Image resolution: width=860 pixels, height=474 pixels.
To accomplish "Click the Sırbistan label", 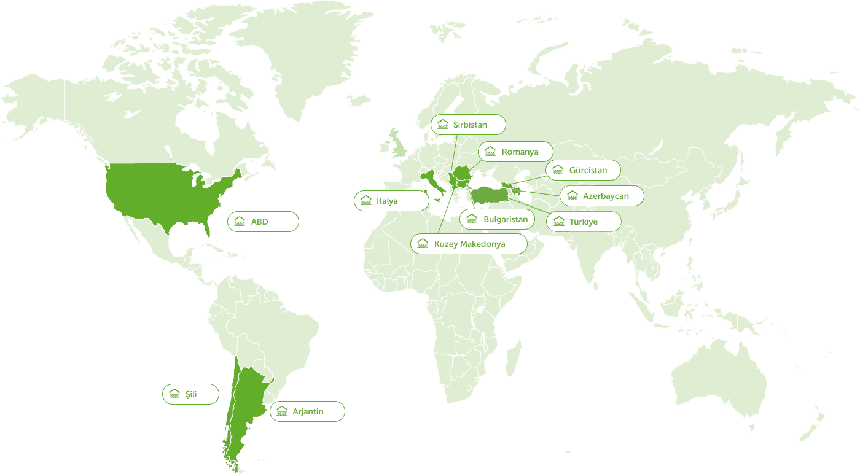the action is click(470, 125).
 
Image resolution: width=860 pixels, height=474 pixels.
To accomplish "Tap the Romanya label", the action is click(520, 152).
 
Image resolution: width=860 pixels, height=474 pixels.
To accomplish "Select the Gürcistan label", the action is click(588, 170).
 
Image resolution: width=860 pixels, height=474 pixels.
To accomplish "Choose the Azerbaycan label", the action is click(606, 196).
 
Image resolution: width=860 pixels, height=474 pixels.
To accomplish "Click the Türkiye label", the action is click(583, 222).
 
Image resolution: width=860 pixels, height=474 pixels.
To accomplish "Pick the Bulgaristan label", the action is click(505, 219).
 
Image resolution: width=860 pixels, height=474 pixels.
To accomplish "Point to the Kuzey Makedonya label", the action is click(469, 244).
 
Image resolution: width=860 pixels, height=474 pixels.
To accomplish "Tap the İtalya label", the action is click(387, 201).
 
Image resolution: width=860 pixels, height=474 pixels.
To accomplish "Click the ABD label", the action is click(259, 222).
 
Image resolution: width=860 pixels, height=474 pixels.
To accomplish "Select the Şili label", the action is click(191, 394).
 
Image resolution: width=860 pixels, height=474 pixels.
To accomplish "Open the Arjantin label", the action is click(308, 411).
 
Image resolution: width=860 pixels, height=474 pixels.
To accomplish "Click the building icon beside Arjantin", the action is click(282, 411).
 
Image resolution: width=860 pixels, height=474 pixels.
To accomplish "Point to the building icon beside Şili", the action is click(174, 394).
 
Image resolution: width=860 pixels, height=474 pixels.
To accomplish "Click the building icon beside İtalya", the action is click(366, 201).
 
